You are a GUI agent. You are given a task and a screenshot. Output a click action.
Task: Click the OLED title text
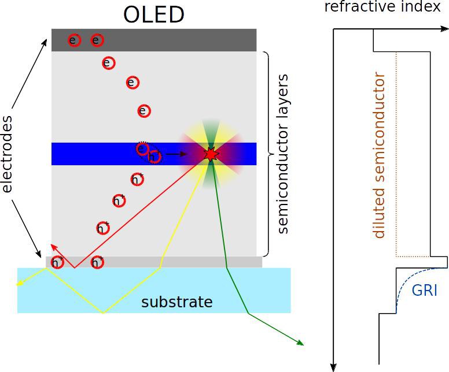[x=153, y=14]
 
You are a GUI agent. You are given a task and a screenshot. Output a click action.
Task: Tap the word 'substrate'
[x=177, y=302]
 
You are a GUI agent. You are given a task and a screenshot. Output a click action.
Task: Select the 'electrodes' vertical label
[x=8, y=154]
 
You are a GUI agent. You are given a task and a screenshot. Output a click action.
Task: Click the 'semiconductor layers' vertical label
[x=283, y=154]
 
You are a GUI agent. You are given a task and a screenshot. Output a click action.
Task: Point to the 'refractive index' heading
[x=382, y=7]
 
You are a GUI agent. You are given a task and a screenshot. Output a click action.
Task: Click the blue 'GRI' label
[x=424, y=290]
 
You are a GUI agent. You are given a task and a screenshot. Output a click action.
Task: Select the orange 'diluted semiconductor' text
[x=380, y=155]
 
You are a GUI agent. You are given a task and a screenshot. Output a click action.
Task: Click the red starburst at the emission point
[x=211, y=154]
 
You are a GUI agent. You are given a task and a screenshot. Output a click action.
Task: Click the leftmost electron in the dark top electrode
[x=73, y=40]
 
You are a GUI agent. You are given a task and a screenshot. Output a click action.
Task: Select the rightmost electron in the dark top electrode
[x=97, y=40]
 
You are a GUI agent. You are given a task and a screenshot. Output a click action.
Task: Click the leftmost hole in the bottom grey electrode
[x=57, y=262]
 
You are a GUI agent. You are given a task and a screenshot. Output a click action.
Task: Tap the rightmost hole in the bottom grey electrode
[x=97, y=263]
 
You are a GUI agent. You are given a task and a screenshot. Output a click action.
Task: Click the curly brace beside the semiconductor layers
[x=267, y=154]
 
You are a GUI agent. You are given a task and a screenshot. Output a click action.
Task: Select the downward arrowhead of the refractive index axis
[x=333, y=366]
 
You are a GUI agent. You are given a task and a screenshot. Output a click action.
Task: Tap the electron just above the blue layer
[x=144, y=111]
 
